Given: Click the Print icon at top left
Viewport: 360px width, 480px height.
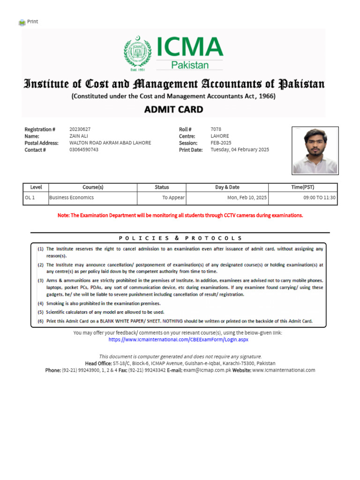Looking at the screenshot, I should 22,22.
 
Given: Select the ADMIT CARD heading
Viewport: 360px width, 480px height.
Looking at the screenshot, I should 173,110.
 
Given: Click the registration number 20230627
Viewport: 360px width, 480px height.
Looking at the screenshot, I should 80,129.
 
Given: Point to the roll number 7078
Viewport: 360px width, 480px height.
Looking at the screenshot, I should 216,129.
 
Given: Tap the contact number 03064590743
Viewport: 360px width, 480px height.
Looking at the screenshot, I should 84,150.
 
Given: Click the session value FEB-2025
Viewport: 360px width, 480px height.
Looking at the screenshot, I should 221,143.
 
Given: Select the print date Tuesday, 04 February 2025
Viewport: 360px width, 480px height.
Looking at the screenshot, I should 240,150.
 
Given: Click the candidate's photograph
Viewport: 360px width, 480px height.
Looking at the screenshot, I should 315,150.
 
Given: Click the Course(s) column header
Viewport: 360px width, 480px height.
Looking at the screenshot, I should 93,187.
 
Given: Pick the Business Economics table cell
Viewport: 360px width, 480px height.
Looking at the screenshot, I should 71,198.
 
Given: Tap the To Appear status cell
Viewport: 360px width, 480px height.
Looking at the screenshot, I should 173,198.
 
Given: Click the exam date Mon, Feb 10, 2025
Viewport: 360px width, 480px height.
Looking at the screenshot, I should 247,198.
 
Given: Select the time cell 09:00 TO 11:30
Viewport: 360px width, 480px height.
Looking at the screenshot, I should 320,198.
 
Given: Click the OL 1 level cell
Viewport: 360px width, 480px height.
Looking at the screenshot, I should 30,198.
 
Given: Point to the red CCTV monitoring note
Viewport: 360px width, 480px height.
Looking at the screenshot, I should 180,215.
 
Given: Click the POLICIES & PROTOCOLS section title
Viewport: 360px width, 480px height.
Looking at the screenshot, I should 180,238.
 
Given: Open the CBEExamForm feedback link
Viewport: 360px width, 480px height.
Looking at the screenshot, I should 178,339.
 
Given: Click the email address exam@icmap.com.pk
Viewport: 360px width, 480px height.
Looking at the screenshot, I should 204,370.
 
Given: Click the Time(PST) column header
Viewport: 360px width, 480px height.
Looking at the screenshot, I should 303,187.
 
